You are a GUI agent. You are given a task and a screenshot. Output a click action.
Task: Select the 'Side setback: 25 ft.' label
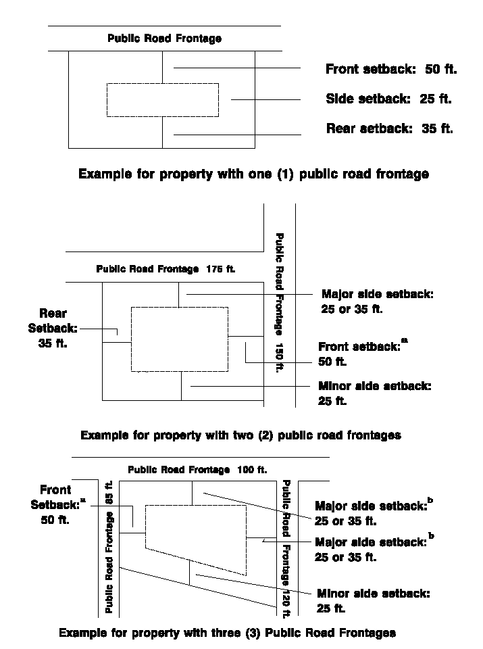pos(388,99)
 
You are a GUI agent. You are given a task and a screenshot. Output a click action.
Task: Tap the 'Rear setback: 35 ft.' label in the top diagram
pos(389,128)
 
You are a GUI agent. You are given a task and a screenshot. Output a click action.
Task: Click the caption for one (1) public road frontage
pos(253,174)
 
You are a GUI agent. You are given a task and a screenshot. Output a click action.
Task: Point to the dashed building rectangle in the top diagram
pos(163,100)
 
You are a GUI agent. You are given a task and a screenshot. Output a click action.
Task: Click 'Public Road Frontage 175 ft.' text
pos(166,268)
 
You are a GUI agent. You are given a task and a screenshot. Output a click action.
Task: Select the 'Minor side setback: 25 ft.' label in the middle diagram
pos(374,393)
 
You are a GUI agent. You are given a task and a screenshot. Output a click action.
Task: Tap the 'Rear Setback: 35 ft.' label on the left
pos(53,328)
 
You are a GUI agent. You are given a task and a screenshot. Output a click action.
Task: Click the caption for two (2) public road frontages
pos(240,435)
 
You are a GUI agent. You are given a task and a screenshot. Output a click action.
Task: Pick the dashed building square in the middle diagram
pos(179,339)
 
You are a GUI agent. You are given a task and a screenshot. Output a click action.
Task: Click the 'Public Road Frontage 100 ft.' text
pos(197,469)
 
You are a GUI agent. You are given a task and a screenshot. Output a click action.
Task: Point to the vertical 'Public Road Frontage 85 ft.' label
pos(109,548)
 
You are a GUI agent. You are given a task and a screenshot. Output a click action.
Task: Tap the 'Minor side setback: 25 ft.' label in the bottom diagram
pos(373,601)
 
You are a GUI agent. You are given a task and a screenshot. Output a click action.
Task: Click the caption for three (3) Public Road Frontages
pos(227,633)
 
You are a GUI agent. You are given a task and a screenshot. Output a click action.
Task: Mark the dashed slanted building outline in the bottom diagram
pos(196,534)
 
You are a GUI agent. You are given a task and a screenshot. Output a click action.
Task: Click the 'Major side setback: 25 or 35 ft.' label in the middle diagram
pos(377,302)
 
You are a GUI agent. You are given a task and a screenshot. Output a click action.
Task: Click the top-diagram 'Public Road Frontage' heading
pos(164,39)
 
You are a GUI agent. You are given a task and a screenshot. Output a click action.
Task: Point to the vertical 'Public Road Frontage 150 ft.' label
pos(278,302)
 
